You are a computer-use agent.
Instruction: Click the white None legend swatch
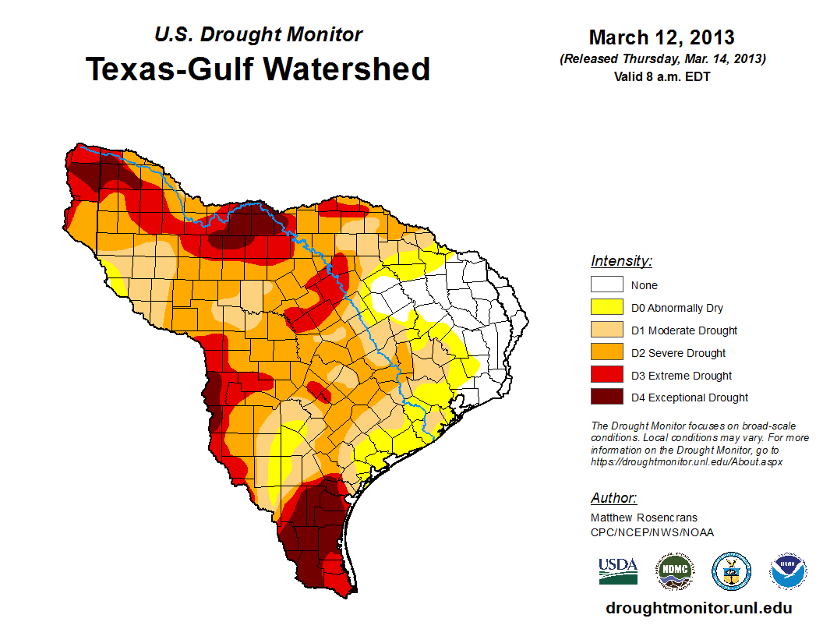click(606, 285)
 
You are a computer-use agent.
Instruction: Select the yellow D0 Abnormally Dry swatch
click(606, 308)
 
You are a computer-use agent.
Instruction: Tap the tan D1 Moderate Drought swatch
click(606, 330)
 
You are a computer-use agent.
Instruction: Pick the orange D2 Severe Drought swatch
click(606, 353)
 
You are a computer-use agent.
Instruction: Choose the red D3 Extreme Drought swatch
click(606, 376)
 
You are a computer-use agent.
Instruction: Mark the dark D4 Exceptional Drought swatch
click(606, 397)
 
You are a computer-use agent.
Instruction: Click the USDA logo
click(618, 571)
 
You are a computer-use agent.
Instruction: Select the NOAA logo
click(788, 571)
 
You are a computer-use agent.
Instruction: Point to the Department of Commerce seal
click(731, 571)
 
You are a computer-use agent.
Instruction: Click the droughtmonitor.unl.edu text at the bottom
click(698, 609)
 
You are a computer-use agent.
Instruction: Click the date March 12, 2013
click(662, 37)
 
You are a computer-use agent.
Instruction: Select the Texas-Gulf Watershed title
click(258, 69)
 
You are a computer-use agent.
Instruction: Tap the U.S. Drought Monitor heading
click(258, 35)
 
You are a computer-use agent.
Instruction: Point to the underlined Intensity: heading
click(621, 261)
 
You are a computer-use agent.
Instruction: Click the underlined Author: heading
click(613, 498)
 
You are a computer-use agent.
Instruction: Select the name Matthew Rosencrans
click(644, 518)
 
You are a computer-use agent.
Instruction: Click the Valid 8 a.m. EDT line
click(662, 76)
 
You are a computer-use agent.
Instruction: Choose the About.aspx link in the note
click(687, 461)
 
